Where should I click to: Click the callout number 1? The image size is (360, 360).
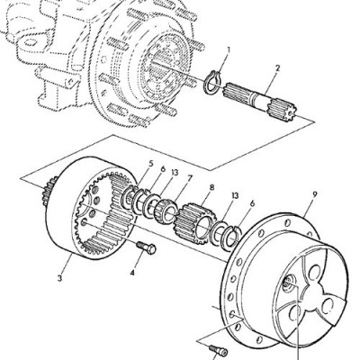[x=228, y=50]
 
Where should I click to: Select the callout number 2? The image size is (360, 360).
[x=277, y=68]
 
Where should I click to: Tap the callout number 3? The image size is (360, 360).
[x=60, y=278]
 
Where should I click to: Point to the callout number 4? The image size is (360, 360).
[x=132, y=273]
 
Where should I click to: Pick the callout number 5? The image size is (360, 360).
[x=150, y=164]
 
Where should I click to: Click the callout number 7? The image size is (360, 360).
[x=189, y=179]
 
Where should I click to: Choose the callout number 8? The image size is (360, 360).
[x=211, y=188]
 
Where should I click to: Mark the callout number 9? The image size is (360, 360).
[x=314, y=194]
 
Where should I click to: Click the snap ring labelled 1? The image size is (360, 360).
[x=211, y=81]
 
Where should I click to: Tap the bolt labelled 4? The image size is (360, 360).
[x=147, y=247]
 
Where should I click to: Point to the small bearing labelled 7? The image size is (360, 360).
[x=165, y=209]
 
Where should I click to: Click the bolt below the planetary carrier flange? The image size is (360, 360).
[x=219, y=350]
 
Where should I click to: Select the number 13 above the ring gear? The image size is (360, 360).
[x=175, y=173]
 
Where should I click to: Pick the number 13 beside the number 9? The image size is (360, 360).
[x=235, y=196]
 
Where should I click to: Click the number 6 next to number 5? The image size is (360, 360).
[x=163, y=169]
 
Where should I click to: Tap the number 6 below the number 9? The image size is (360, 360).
[x=252, y=203]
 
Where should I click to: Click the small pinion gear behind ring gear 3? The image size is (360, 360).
[x=49, y=190]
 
